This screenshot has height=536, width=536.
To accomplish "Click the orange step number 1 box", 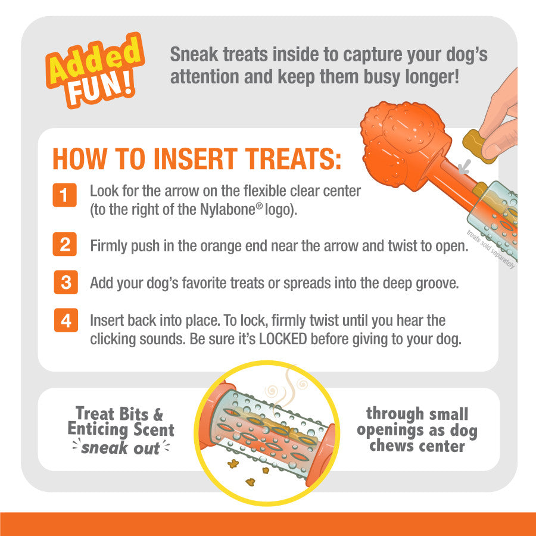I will point(64,195).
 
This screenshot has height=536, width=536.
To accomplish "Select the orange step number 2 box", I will point(64,245).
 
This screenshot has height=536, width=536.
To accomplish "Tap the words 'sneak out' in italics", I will point(121,448).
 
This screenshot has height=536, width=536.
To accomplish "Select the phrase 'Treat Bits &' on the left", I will point(119,414).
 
